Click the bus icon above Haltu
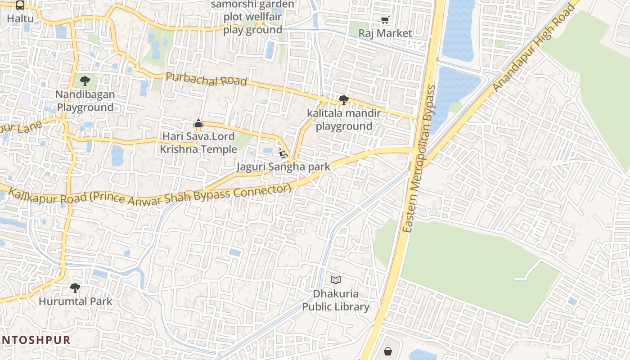tap(20, 5)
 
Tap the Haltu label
tap(20, 19)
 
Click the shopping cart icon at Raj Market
tap(385, 20)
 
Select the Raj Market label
tap(385, 33)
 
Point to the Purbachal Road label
tap(207, 79)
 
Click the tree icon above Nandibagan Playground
tap(85, 81)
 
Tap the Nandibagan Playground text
tap(85, 101)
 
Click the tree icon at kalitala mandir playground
tap(343, 99)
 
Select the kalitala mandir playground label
tap(344, 120)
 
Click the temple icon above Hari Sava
tap(198, 123)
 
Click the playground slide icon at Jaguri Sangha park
tap(283, 153)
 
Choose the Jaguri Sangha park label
tap(283, 167)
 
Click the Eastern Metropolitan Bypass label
tap(418, 159)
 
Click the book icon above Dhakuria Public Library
tap(336, 280)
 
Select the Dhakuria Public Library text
tap(336, 300)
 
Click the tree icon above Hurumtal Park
tap(75, 288)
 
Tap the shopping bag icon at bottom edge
tap(388, 351)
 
